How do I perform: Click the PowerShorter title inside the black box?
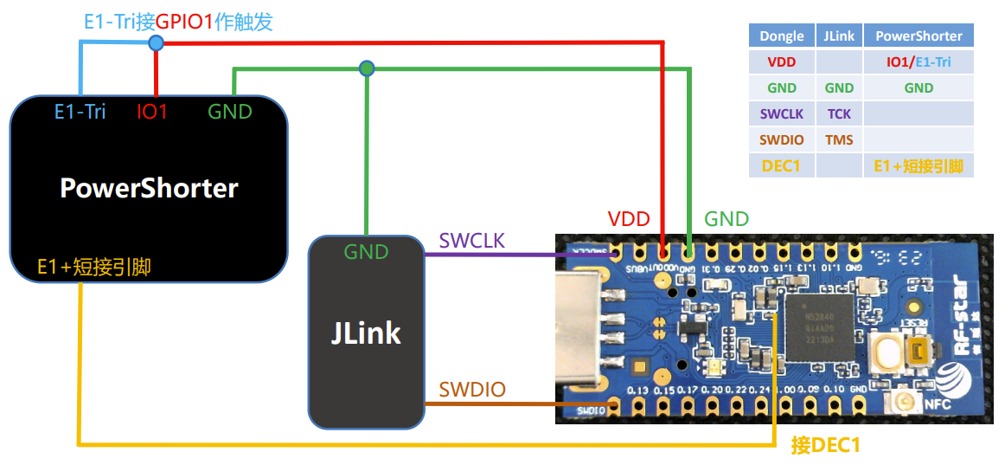[149, 188]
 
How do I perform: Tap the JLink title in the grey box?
[366, 332]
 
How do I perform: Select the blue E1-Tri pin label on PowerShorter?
[80, 111]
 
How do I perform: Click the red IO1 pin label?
[152, 111]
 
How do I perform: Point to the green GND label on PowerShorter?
[229, 111]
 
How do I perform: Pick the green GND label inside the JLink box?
[366, 252]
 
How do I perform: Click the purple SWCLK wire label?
[471, 240]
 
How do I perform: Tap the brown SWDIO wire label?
[471, 389]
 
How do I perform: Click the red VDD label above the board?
[629, 218]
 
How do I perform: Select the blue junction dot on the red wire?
[156, 42]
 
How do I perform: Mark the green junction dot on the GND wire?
[367, 68]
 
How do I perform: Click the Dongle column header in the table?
[781, 36]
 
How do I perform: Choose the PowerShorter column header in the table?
[919, 36]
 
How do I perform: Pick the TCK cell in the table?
[838, 113]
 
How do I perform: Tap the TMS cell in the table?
[838, 139]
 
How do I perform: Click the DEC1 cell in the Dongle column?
[781, 165]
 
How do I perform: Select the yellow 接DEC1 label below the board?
[826, 445]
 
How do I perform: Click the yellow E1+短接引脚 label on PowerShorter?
[94, 267]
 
